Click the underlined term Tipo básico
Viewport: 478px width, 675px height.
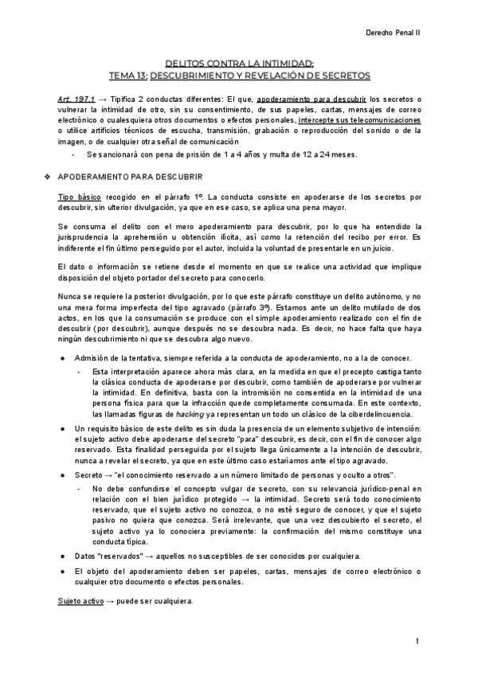click(x=76, y=196)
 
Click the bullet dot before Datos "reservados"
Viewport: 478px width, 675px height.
click(x=62, y=555)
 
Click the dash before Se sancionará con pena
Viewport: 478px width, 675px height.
click(x=74, y=154)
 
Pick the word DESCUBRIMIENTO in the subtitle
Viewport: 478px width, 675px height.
click(x=193, y=75)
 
